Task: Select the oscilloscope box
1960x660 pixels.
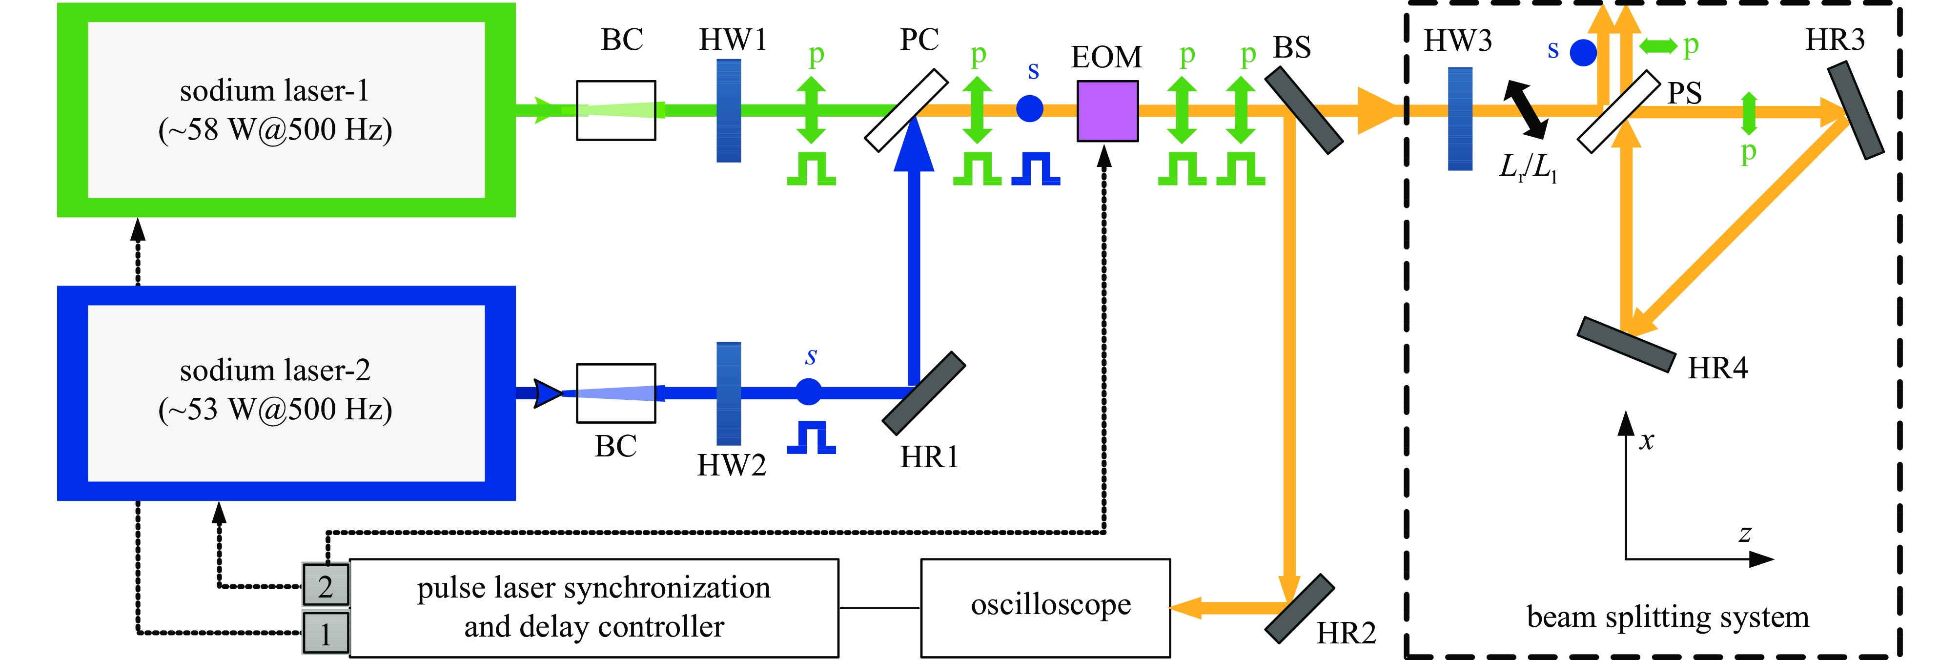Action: tap(1045, 607)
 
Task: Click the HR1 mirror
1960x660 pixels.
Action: tap(924, 393)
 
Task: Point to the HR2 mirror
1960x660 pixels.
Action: tap(1300, 608)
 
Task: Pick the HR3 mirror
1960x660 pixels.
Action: tap(1855, 110)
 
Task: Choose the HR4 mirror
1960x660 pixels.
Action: tap(1626, 344)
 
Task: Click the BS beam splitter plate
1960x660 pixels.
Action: tap(1304, 110)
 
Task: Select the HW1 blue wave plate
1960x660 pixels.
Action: tap(729, 110)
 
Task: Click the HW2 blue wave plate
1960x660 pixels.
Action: tap(729, 393)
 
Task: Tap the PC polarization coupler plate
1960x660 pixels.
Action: tap(906, 110)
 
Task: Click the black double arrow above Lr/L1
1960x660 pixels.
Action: tap(1525, 110)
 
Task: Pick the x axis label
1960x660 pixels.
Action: tap(1647, 441)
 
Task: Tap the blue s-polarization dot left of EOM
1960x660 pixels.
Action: tap(1029, 108)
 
